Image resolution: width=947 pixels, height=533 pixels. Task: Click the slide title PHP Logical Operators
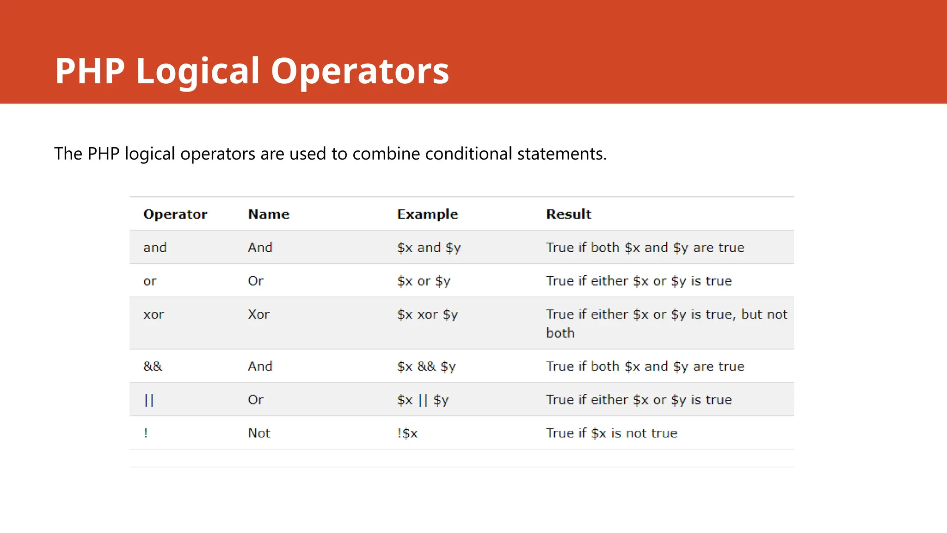click(x=252, y=71)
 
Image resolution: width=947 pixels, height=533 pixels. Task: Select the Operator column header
click(x=175, y=214)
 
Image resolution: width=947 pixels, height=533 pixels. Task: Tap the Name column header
click(x=269, y=214)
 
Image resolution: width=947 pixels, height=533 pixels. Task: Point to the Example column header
click(x=427, y=214)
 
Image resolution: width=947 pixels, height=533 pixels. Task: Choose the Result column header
click(x=568, y=214)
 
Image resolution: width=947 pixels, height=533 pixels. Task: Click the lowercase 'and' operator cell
click(x=155, y=248)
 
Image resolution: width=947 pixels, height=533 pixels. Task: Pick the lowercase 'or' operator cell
click(x=150, y=281)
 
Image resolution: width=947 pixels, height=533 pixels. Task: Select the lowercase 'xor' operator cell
click(x=154, y=315)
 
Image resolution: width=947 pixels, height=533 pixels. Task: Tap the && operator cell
click(x=153, y=366)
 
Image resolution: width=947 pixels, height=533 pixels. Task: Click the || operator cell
click(x=148, y=400)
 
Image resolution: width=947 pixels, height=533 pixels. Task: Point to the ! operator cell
click(x=146, y=433)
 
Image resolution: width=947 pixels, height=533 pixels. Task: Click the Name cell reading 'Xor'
click(x=258, y=315)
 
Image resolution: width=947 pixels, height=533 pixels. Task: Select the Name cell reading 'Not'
click(x=259, y=433)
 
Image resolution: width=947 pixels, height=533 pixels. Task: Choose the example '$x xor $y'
click(x=427, y=315)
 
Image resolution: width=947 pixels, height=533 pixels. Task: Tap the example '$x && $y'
click(x=426, y=366)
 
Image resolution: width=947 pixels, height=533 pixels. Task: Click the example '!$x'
click(x=407, y=433)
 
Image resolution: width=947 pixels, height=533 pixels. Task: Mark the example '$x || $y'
click(x=423, y=400)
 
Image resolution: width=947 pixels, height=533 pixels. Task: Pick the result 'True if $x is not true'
click(x=611, y=433)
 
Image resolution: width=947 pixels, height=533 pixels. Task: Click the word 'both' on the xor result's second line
click(x=560, y=333)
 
